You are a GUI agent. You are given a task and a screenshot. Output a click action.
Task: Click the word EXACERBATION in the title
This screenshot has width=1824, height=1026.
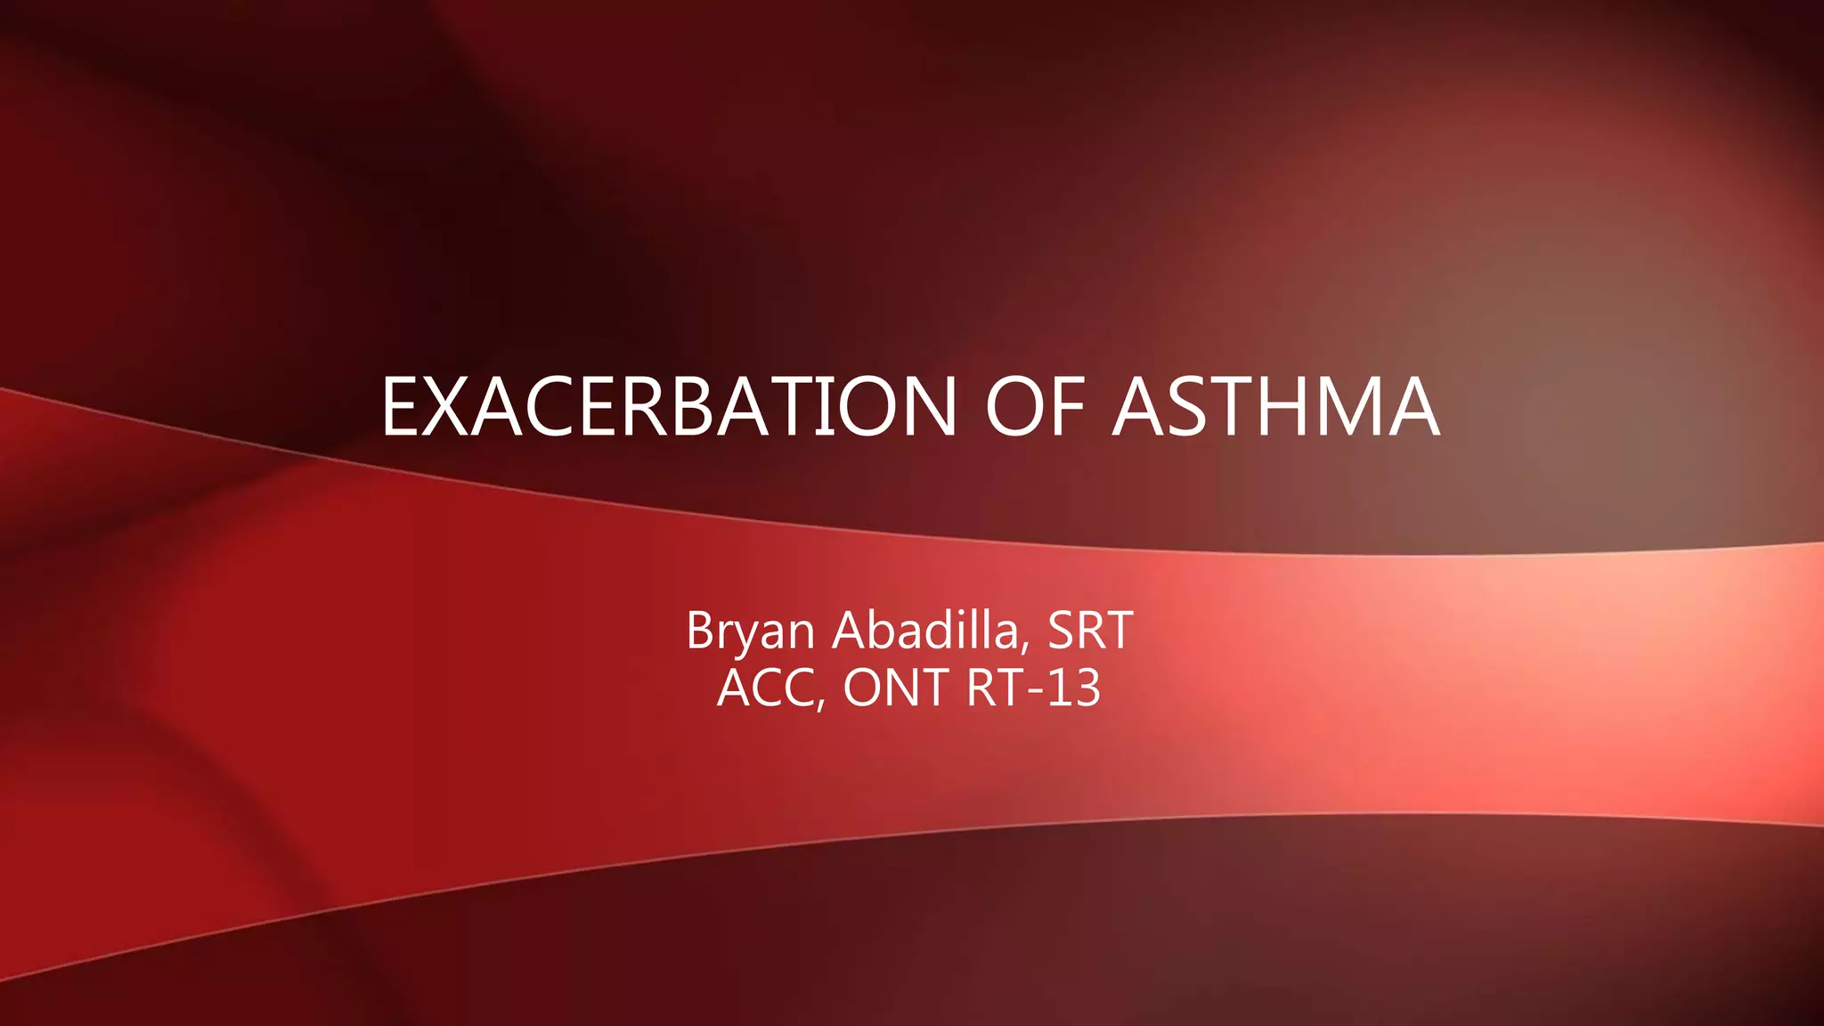[669, 407]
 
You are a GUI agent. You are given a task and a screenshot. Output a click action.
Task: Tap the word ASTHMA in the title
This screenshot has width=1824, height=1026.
[1275, 407]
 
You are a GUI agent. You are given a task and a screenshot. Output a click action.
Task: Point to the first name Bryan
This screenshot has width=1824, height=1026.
[750, 631]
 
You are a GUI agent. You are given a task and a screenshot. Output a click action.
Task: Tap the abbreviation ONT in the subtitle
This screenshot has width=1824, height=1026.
[895, 688]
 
